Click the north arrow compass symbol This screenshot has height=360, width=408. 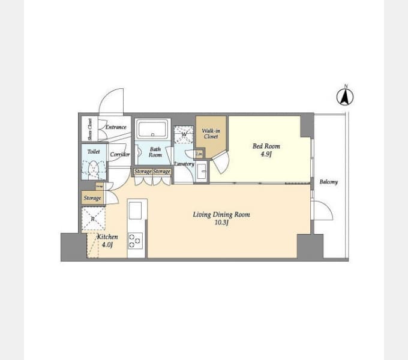tap(345, 97)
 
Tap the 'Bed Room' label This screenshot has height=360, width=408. tap(266, 146)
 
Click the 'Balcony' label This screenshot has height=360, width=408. tap(328, 182)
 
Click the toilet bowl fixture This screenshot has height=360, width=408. tap(93, 169)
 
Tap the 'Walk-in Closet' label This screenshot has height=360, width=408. tap(211, 133)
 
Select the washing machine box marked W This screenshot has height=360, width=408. tap(184, 134)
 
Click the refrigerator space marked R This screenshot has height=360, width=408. tap(93, 218)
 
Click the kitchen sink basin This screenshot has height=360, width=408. tap(136, 210)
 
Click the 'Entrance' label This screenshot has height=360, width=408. tap(116, 127)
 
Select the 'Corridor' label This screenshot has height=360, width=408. tap(120, 154)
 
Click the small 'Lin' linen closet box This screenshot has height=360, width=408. tap(199, 155)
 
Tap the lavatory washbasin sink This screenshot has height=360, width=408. tap(202, 170)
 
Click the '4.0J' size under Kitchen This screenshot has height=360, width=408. tap(107, 245)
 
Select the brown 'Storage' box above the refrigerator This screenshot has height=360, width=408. tap(92, 198)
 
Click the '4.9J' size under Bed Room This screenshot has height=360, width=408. tap(266, 154)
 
